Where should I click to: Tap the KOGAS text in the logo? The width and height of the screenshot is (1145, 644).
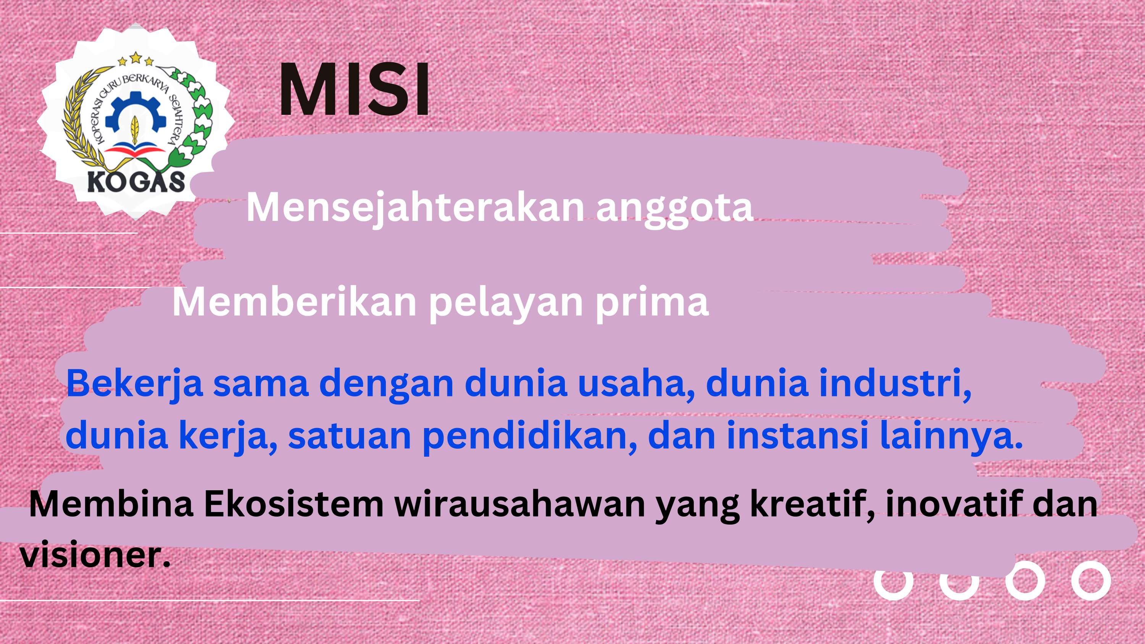(135, 181)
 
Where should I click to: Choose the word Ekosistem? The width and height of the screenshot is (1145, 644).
(294, 504)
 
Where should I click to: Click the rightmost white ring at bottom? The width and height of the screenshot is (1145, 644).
(1091, 580)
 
